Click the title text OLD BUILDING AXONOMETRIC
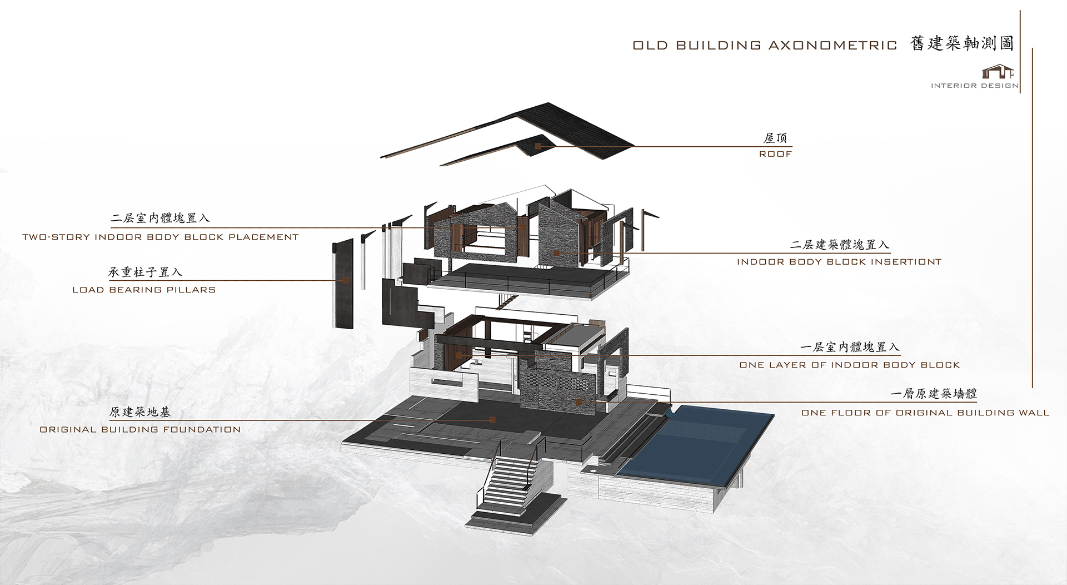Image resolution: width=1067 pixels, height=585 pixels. pyautogui.click(x=765, y=46)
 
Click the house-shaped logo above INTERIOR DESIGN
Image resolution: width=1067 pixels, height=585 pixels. pyautogui.click(x=999, y=72)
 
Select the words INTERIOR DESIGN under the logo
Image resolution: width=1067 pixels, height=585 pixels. pyautogui.click(x=975, y=86)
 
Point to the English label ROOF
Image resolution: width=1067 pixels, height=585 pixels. pyautogui.click(x=775, y=153)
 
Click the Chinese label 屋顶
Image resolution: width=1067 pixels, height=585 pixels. pyautogui.click(x=775, y=138)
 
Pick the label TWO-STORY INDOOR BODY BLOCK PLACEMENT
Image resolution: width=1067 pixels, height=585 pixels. pyautogui.click(x=161, y=237)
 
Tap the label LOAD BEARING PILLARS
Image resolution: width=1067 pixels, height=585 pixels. pyautogui.click(x=144, y=290)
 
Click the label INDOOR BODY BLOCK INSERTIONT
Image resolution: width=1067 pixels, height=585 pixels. pyautogui.click(x=839, y=261)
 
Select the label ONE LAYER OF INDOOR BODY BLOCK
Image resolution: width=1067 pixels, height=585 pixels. pyautogui.click(x=850, y=365)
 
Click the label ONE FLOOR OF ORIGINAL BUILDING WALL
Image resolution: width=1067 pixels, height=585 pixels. pyautogui.click(x=925, y=413)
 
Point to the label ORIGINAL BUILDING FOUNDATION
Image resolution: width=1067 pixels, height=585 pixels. pyautogui.click(x=140, y=429)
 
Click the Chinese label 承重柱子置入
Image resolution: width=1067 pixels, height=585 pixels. pyautogui.click(x=145, y=272)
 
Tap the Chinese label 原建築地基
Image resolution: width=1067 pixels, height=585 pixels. pyautogui.click(x=140, y=412)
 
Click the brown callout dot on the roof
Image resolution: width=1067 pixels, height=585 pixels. pyautogui.click(x=537, y=146)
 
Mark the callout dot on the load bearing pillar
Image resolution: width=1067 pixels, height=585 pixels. pyautogui.click(x=346, y=280)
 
